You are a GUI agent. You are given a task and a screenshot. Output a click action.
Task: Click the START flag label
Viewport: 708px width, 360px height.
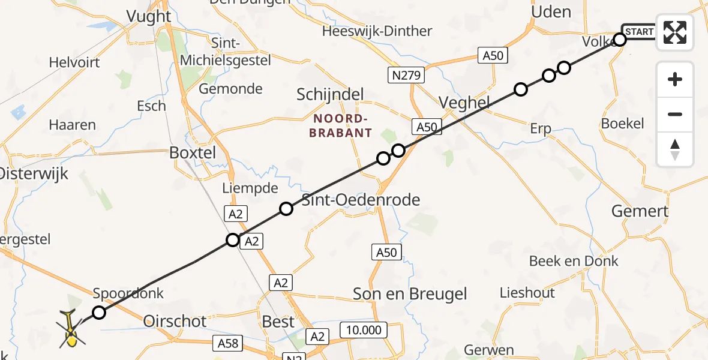640,31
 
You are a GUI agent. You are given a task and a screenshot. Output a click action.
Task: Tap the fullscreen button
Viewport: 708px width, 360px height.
675,32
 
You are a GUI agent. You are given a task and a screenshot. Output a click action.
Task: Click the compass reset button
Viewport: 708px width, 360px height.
675,149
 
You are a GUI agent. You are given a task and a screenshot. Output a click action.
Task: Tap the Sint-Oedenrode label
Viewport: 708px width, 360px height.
361,200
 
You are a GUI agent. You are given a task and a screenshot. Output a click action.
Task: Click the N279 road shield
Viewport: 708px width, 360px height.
407,75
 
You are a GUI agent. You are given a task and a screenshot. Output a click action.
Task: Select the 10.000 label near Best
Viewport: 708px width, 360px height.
364,330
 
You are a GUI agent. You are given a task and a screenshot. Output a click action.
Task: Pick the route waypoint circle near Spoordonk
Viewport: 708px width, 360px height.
99,313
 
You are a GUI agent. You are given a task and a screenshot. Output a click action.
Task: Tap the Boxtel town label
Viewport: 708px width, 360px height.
193,152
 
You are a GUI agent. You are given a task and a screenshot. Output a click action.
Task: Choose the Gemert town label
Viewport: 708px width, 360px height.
640,211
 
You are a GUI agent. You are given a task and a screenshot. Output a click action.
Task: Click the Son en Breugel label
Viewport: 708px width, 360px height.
410,294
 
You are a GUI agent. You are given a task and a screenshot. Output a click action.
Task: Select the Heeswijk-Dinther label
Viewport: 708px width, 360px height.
377,31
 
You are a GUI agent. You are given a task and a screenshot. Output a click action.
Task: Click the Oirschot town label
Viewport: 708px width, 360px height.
176,321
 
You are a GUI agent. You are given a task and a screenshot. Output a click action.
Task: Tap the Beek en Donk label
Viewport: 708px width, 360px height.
574,261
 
